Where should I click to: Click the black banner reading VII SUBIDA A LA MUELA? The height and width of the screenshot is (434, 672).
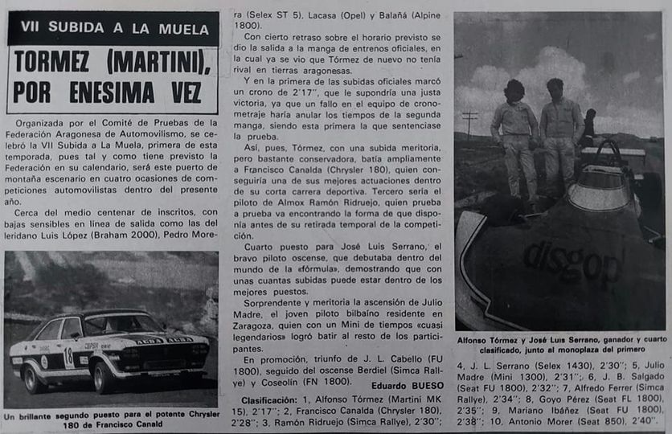point(113,27)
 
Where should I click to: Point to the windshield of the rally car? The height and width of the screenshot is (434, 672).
point(121,324)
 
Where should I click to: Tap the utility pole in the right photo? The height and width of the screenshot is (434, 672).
point(469,125)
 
